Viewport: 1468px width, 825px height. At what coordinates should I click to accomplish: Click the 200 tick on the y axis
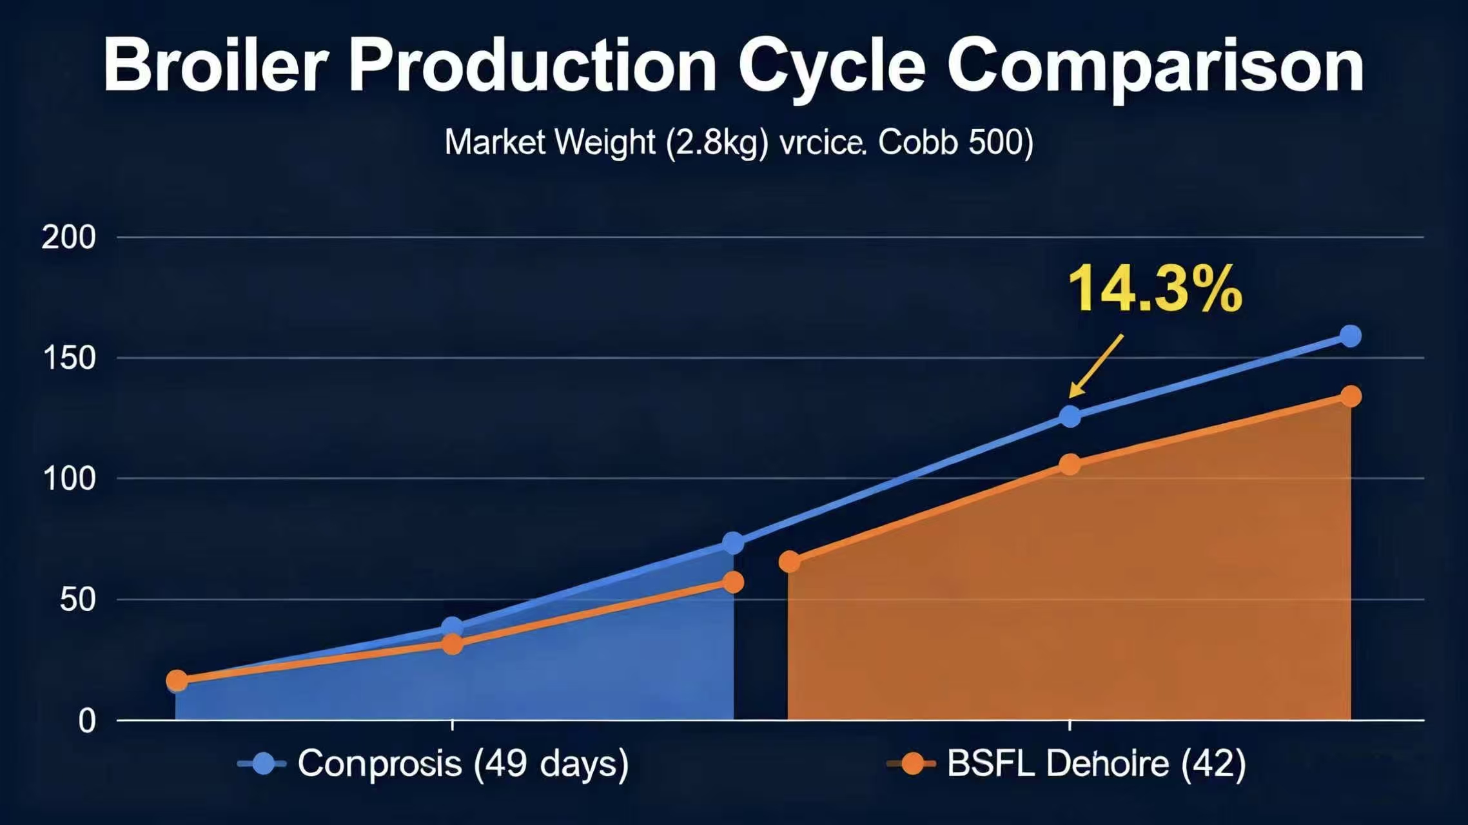pyautogui.click(x=68, y=238)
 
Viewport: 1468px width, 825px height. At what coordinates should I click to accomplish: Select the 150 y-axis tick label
pyautogui.click(x=68, y=358)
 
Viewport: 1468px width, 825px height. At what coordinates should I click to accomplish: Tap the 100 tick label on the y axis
pyautogui.click(x=68, y=479)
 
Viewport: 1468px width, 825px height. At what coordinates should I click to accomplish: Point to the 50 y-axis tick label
pyautogui.click(x=77, y=600)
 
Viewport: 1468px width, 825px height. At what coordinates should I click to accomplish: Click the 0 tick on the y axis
pyautogui.click(x=87, y=721)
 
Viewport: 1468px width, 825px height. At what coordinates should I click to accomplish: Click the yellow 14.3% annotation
pyautogui.click(x=1154, y=290)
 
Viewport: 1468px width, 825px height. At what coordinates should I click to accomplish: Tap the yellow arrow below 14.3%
pyautogui.click(x=1096, y=365)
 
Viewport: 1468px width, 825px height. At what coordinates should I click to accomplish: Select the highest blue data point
pyautogui.click(x=1350, y=336)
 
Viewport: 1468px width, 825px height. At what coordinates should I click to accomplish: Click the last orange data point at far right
pyautogui.click(x=1351, y=396)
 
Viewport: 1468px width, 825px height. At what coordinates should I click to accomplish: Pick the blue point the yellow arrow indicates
pyautogui.click(x=1070, y=417)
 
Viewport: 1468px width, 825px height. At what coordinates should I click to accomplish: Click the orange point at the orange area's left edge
pyautogui.click(x=789, y=561)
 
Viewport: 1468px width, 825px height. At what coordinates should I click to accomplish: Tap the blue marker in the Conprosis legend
pyautogui.click(x=263, y=764)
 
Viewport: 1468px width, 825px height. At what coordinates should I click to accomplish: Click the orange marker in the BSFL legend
pyautogui.click(x=912, y=764)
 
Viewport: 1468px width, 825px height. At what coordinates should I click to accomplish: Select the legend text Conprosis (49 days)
pyautogui.click(x=462, y=764)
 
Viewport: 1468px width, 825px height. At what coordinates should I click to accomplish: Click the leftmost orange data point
pyautogui.click(x=177, y=680)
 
